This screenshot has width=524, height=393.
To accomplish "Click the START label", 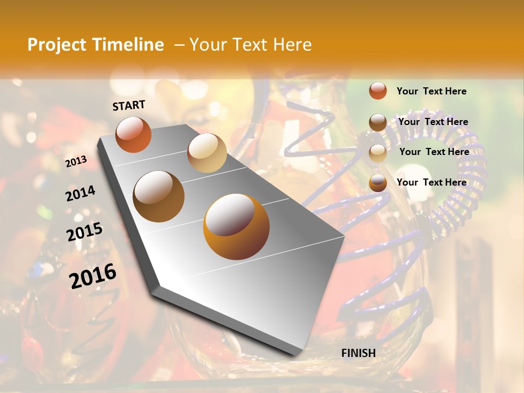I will click(129, 105).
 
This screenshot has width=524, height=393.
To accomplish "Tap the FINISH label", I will click(358, 353).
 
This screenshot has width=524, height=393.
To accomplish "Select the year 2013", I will click(76, 161).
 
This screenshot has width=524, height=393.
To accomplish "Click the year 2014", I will click(80, 194).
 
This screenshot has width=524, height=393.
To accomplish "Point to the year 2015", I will click(84, 231).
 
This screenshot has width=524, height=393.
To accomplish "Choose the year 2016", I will click(93, 276).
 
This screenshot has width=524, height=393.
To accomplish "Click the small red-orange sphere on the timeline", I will click(133, 134).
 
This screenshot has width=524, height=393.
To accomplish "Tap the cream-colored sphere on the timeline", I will click(207, 153).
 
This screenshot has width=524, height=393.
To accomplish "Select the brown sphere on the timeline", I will click(158, 196).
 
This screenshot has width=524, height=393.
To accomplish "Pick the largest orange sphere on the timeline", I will click(236, 227).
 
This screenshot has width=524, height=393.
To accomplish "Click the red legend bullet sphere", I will click(378, 91).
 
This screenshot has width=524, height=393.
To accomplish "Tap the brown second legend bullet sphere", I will click(378, 122).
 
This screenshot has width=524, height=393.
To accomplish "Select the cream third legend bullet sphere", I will click(378, 153).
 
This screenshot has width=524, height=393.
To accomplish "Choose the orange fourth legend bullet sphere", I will click(378, 183).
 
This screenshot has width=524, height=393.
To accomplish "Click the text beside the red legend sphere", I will click(431, 91).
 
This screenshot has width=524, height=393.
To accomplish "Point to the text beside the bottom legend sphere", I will click(431, 182).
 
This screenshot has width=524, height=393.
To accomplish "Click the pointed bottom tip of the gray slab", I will click(299, 354).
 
